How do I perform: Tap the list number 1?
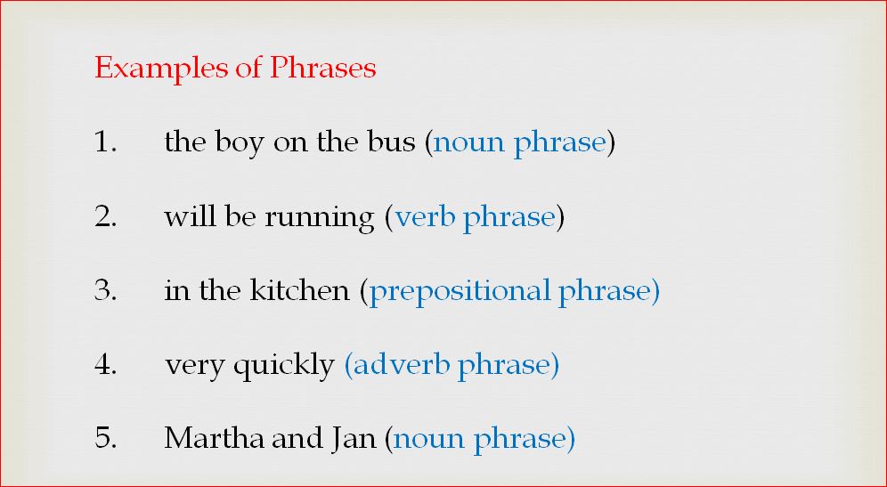tap(105, 142)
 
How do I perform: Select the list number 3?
tap(105, 291)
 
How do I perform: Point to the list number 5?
tap(105, 439)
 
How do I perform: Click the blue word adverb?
tap(399, 365)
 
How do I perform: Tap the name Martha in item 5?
tap(212, 439)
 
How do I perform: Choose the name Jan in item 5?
tap(359, 439)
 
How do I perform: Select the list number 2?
tap(105, 217)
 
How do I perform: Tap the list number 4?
tap(105, 365)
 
